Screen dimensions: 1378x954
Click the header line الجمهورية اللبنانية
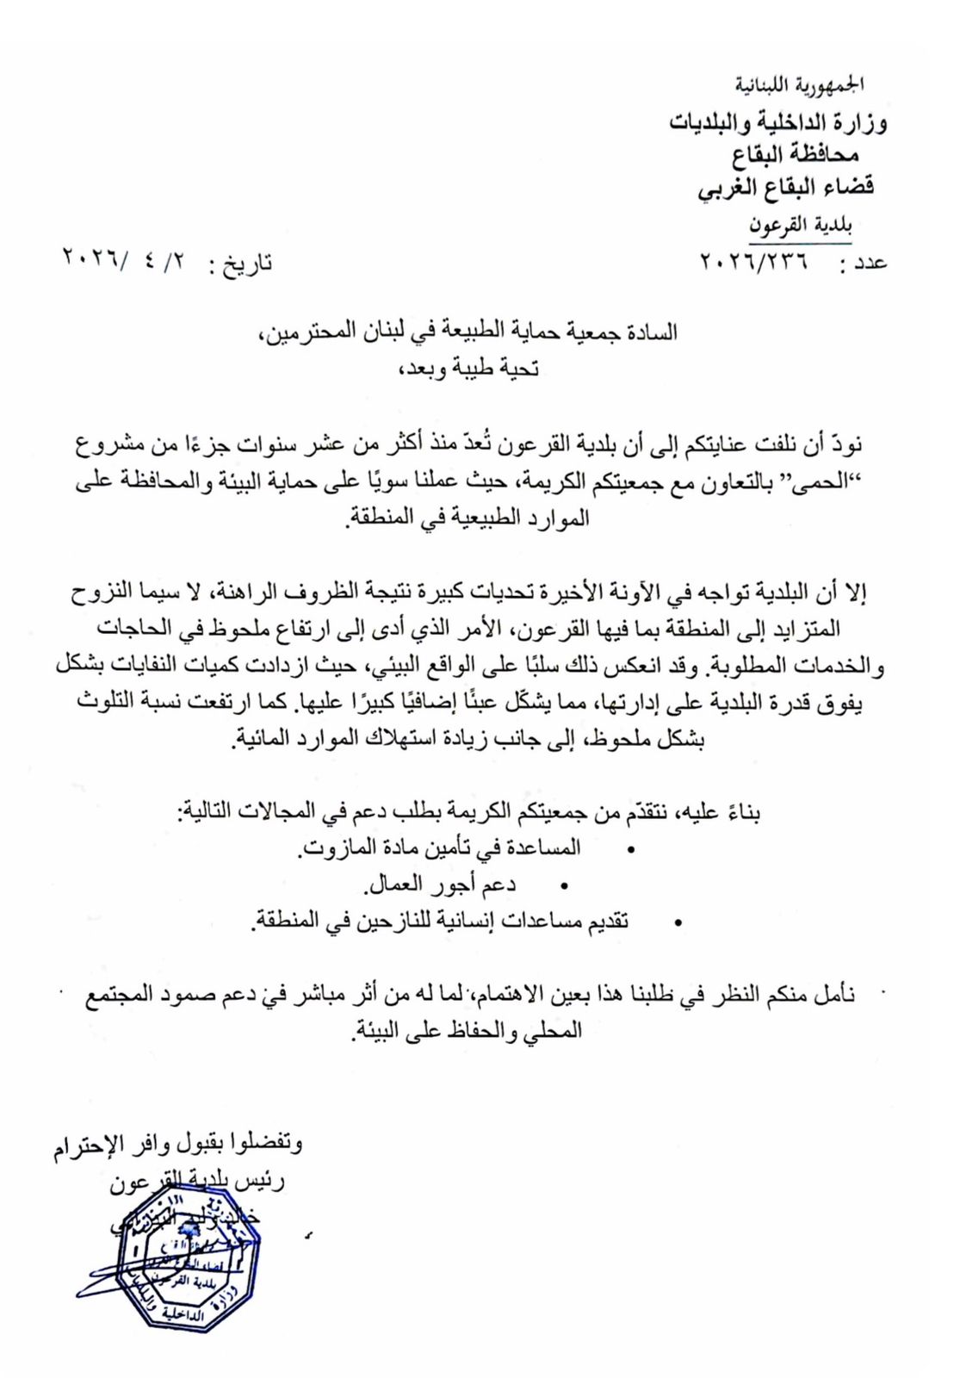801,85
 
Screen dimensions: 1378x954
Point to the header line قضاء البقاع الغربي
785,187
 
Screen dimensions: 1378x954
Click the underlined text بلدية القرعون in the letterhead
800,226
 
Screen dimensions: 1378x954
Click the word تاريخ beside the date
247,263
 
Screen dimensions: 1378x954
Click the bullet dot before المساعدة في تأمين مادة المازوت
630,850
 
